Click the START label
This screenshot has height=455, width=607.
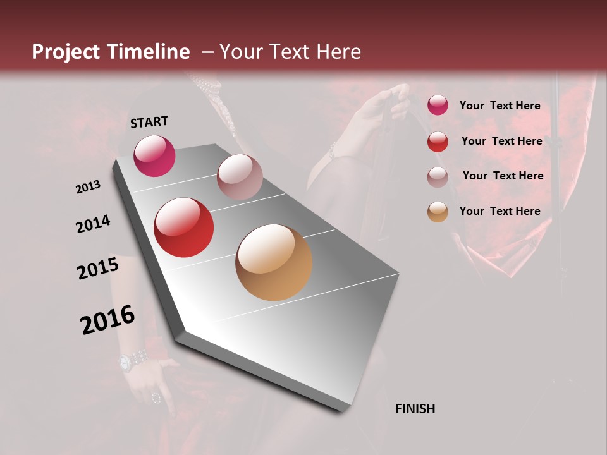tap(149, 122)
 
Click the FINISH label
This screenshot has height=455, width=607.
tap(415, 409)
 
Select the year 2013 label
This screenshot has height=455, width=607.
tap(89, 187)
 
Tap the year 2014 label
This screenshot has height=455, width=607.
tap(93, 224)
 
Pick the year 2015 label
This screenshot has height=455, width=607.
tap(98, 269)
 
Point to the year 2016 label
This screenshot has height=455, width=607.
tap(107, 319)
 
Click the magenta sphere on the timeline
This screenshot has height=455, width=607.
tap(154, 155)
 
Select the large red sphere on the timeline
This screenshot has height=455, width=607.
tap(184, 227)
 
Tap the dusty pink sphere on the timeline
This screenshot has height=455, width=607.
tap(240, 177)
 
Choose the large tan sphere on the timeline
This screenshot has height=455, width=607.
tap(274, 262)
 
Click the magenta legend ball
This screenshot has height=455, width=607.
tap(438, 106)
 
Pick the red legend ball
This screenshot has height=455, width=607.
tap(438, 142)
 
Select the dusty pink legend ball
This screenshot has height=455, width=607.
tap(438, 177)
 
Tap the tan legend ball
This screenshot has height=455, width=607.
tap(438, 212)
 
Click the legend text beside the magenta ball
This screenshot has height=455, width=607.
tap(500, 106)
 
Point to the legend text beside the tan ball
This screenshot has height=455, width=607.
tap(500, 211)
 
